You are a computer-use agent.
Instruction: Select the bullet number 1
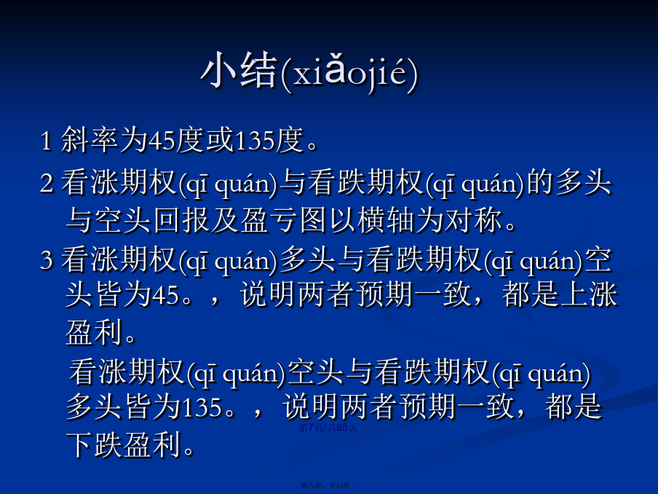click(46, 141)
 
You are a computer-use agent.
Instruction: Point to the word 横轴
click(385, 220)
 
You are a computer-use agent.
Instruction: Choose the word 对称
click(473, 220)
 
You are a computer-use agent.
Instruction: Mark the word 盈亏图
click(283, 220)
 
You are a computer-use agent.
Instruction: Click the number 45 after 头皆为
click(166, 295)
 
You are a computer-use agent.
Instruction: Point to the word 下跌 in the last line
click(94, 444)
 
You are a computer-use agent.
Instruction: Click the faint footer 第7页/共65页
click(328, 428)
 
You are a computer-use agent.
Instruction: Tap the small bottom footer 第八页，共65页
click(328, 485)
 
